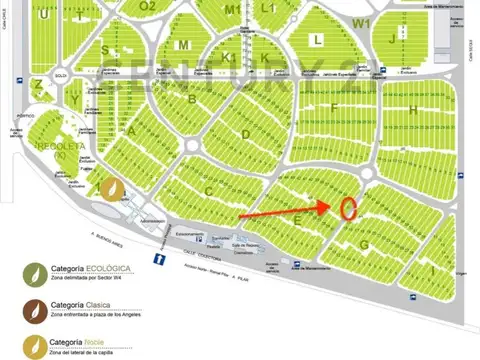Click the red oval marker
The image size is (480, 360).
(x=348, y=208)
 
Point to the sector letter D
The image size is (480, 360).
(x=245, y=134)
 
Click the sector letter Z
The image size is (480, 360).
(x=38, y=85)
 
